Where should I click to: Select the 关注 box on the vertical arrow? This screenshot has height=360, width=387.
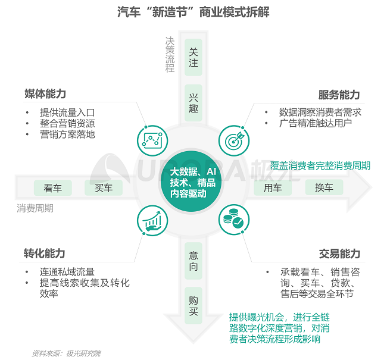[x=193, y=57]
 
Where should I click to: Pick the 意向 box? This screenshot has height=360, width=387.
[x=193, y=261]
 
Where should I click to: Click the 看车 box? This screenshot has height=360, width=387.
[x=52, y=188]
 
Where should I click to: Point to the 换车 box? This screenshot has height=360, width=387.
[x=324, y=188]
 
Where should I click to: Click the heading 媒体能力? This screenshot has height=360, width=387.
[x=45, y=94]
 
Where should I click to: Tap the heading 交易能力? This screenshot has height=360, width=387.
[x=339, y=254]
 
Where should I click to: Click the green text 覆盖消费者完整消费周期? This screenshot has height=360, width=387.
[x=320, y=165]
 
